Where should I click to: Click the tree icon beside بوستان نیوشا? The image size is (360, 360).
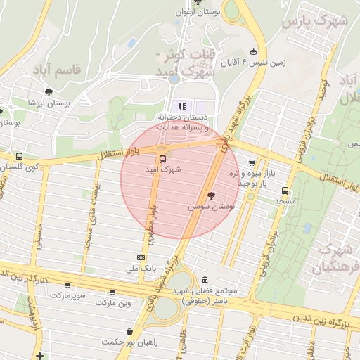click(49, 91)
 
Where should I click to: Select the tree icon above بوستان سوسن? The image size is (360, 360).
click(211, 196)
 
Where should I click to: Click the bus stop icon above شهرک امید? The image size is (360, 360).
click(163, 158)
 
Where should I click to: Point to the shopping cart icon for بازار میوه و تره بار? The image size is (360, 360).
click(252, 162)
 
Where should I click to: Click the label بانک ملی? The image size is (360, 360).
click(141, 269)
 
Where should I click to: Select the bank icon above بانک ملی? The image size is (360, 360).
click(141, 258)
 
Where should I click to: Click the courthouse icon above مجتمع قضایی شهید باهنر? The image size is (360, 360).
click(204, 279)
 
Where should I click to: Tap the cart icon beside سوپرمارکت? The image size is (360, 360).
click(67, 285)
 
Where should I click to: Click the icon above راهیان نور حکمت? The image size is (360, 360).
click(130, 331)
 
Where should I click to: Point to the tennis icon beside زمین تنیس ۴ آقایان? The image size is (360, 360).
click(253, 51)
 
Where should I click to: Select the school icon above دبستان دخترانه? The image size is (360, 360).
click(183, 106)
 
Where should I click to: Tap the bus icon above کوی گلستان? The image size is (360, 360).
click(18, 157)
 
